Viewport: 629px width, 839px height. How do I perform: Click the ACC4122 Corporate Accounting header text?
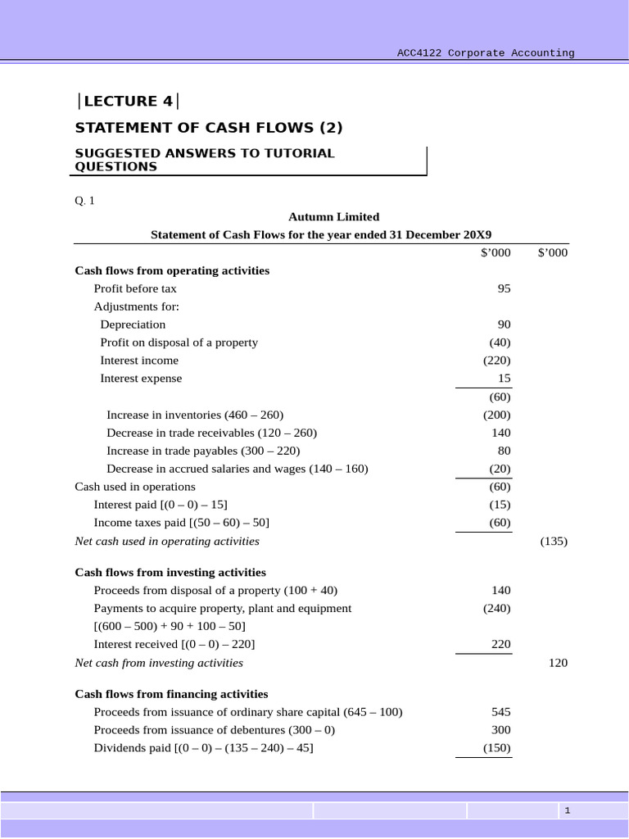(x=486, y=53)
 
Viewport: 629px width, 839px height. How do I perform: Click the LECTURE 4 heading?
(x=128, y=102)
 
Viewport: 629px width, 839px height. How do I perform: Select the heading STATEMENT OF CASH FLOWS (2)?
(x=209, y=128)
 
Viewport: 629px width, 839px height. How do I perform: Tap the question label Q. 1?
(x=84, y=201)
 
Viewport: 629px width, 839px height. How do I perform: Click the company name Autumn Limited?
(x=333, y=217)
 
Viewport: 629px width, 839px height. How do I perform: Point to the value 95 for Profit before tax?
(x=504, y=288)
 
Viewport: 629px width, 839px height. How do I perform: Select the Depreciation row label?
(x=133, y=324)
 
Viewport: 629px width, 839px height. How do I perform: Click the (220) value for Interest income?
(x=496, y=361)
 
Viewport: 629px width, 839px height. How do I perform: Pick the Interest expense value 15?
(x=504, y=379)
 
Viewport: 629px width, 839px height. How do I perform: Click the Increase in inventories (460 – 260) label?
(x=195, y=415)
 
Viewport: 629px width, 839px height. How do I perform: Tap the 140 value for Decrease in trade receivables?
(x=500, y=433)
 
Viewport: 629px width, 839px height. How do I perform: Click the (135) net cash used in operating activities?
(x=554, y=542)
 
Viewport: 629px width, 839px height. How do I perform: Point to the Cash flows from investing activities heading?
(x=170, y=573)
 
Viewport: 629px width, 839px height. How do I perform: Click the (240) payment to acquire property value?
(x=496, y=609)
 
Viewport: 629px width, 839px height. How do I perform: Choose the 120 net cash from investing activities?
(x=557, y=663)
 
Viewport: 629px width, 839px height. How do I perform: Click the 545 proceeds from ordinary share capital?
(x=500, y=712)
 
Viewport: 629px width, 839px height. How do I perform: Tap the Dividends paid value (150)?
(x=496, y=748)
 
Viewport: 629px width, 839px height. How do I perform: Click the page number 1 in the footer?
(x=567, y=810)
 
